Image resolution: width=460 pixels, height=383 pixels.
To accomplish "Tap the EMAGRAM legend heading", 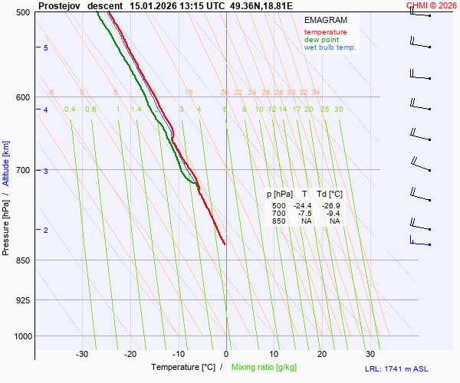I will click(x=324, y=20).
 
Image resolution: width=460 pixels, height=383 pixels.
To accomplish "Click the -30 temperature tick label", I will click(x=82, y=354).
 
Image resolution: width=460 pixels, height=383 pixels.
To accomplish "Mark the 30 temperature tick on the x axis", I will click(x=370, y=354).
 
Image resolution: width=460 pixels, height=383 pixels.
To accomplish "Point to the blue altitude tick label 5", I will click(x=46, y=48).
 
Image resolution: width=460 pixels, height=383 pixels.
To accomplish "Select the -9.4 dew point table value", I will click(x=334, y=214).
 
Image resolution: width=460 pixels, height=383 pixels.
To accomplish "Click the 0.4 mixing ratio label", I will click(x=70, y=110).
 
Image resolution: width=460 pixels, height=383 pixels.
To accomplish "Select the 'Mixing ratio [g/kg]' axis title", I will click(x=266, y=368).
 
